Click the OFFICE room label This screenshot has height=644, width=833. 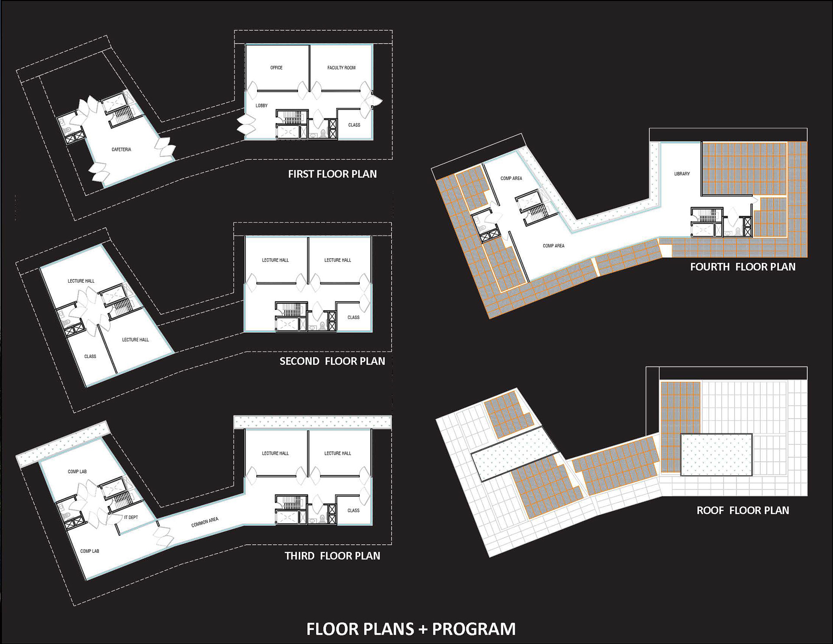coord(276,68)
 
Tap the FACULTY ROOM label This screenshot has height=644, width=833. coord(341,68)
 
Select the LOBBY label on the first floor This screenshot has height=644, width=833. coord(262,105)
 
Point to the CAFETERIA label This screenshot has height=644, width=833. coord(121,149)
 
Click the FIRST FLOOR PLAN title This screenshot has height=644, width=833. coord(332,174)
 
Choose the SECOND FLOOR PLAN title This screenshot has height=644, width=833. coord(332,361)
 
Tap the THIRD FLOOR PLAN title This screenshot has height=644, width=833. coord(332,556)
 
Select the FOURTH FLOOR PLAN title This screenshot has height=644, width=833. coord(743,267)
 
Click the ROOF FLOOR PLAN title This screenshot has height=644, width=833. coord(743,510)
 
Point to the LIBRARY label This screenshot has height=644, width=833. coord(682,174)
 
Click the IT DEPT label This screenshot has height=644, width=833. coord(131,517)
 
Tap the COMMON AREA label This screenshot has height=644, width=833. coord(205,522)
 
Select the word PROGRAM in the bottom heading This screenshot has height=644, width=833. coord(474,629)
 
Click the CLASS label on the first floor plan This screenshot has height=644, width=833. coord(354,125)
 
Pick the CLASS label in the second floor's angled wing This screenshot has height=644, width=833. coord(90,356)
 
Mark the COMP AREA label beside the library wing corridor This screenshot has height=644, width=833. coord(554,246)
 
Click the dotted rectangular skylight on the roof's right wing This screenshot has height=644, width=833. coord(716,455)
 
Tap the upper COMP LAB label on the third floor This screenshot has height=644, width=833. coord(77,471)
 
